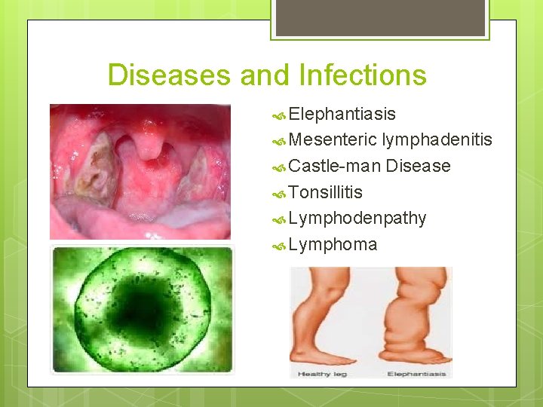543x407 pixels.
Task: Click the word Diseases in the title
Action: point(170,75)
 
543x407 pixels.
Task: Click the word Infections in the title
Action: point(362,75)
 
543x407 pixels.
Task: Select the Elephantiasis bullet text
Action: point(342,114)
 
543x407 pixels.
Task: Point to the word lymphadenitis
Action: point(437,139)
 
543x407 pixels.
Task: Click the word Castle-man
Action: point(334,166)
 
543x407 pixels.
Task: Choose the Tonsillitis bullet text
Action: point(325,192)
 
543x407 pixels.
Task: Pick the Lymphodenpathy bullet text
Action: point(357,219)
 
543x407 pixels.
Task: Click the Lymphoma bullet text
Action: point(333,245)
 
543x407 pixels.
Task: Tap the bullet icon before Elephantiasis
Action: point(280,115)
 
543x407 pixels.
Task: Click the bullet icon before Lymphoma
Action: point(280,246)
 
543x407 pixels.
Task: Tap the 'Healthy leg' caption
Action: point(322,374)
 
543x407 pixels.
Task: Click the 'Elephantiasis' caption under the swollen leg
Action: point(416,374)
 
